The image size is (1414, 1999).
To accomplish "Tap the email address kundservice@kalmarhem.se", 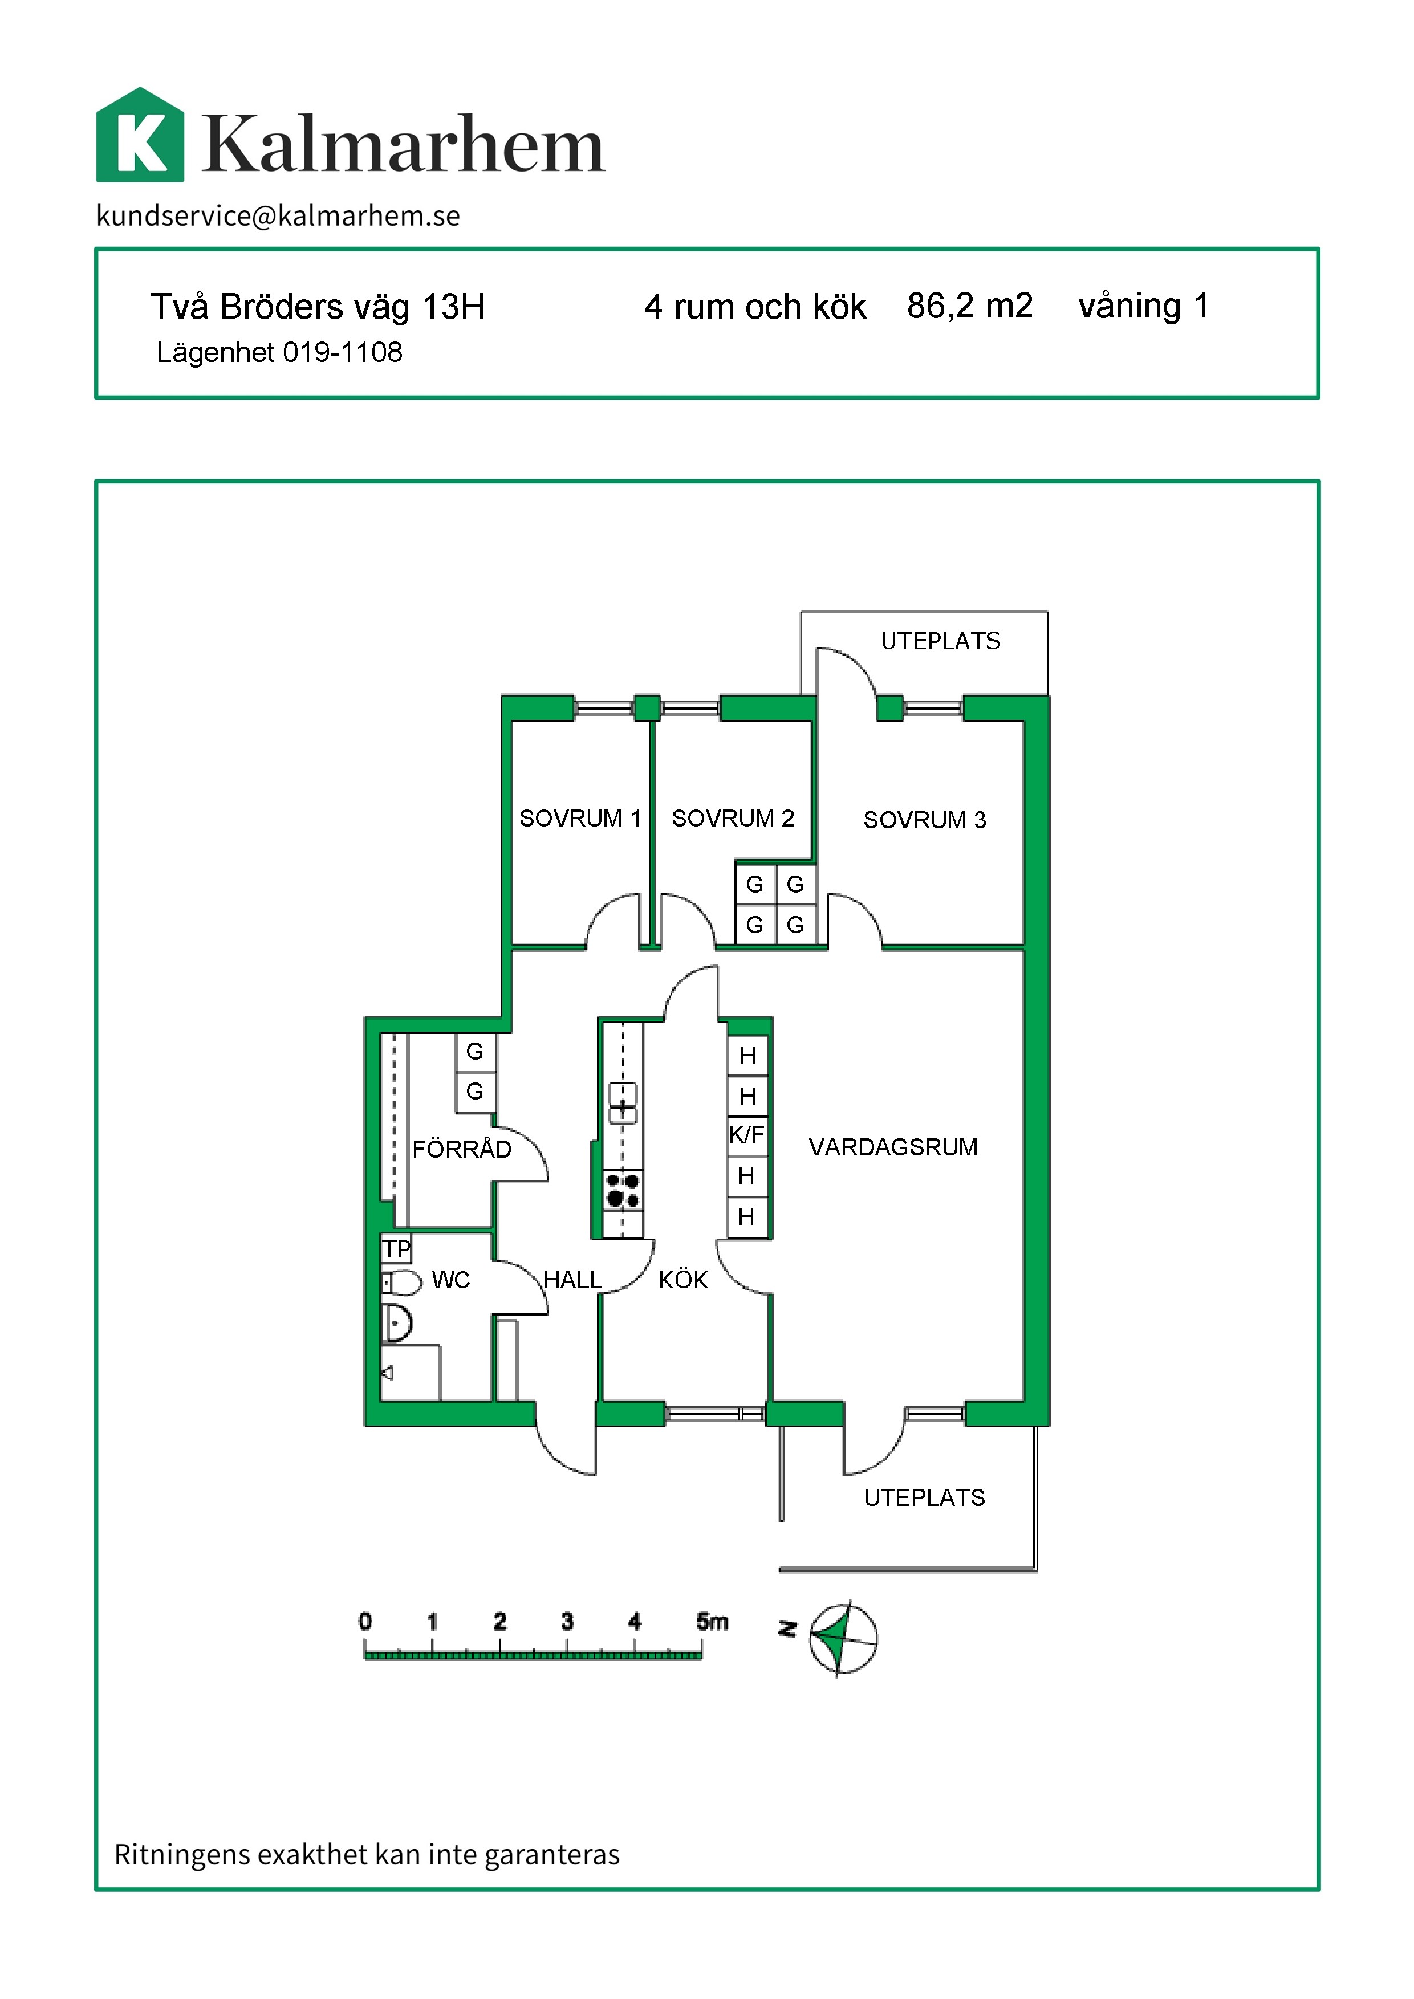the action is coord(278,215).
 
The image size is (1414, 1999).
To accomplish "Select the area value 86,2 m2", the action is coord(969,306).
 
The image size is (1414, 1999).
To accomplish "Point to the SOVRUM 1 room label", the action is coord(580,819).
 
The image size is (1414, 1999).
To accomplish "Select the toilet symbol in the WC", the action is coord(401,1283).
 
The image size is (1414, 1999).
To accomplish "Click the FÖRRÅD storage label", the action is coord(461,1149).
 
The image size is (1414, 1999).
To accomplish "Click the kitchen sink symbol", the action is coord(623,1103).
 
